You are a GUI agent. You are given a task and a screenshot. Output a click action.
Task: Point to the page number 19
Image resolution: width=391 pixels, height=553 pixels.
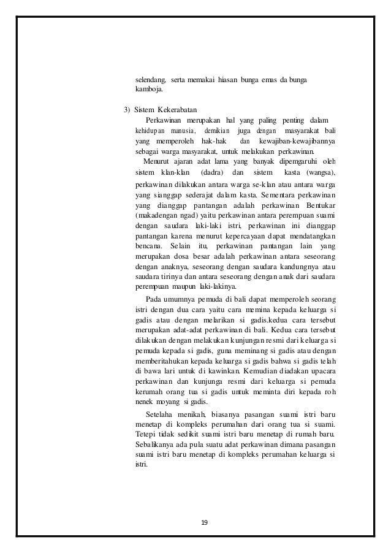pyautogui.click(x=205, y=522)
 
